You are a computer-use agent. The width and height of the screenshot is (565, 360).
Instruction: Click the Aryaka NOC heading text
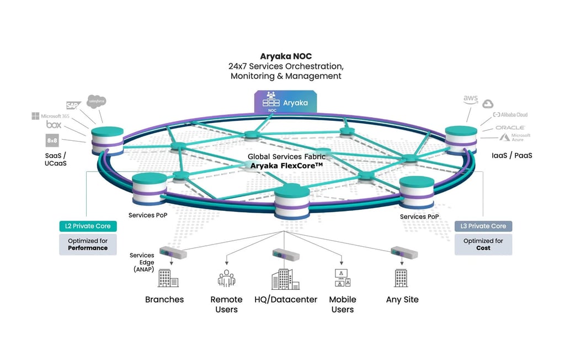285,56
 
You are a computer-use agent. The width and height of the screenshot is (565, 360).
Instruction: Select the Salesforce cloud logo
97,102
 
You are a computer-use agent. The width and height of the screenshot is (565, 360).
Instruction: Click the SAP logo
73,105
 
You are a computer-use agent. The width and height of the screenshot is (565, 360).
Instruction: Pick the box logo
54,125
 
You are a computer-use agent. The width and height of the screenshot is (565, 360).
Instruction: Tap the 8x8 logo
52,140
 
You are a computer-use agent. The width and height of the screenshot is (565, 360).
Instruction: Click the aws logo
470,99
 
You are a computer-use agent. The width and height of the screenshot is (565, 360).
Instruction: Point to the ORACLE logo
510,127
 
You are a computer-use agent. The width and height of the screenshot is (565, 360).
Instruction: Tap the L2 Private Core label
88,226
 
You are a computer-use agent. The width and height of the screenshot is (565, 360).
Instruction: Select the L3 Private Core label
483,226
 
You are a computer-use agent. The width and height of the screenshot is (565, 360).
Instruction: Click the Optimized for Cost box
483,245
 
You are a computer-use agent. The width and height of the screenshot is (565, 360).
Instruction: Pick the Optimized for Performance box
88,245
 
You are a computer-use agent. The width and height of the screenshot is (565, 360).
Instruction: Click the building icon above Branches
168,278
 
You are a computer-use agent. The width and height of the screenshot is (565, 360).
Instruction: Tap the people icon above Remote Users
226,278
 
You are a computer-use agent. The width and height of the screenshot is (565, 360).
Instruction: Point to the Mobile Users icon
342,278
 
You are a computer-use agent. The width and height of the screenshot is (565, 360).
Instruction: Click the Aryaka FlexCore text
286,166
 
